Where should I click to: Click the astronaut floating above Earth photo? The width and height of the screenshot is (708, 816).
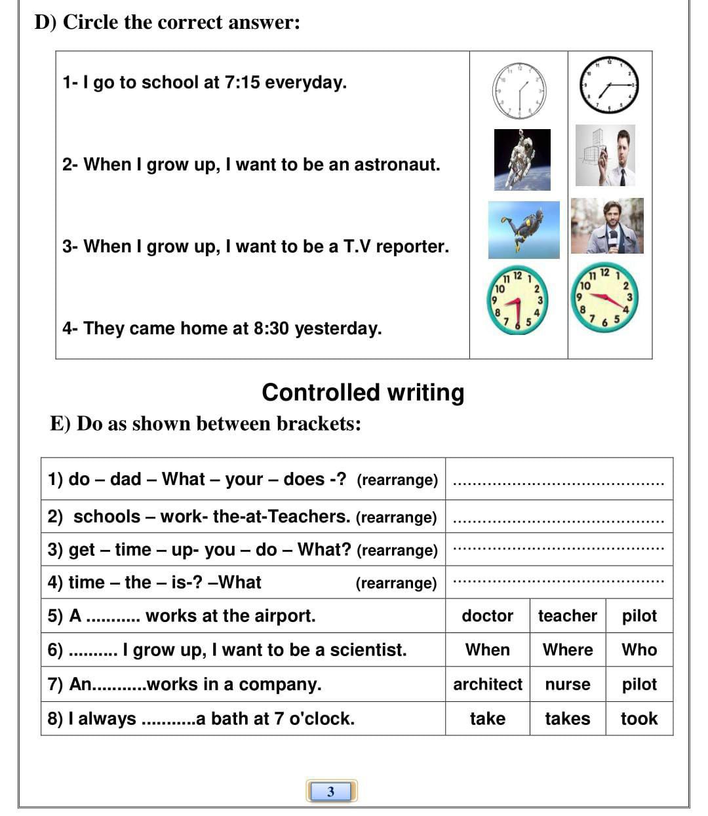pos(522,159)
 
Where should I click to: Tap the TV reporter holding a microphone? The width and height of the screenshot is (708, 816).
pos(607,226)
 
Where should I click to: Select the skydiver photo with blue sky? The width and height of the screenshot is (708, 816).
pos(524,229)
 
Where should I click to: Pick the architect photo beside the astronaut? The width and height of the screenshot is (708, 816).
pos(605,155)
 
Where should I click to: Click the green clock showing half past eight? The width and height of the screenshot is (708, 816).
pos(519,301)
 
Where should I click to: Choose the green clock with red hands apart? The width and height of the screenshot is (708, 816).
pos(606,298)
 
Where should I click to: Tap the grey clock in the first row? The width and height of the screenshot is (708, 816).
pos(519,90)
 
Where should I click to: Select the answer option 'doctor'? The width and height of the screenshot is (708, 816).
pos(487,615)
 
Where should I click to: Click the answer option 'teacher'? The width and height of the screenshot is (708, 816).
pos(567,615)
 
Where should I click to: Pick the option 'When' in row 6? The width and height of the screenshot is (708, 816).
pos(487,650)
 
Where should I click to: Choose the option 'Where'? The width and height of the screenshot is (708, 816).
pos(567,650)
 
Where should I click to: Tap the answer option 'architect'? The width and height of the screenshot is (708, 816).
pos(487,684)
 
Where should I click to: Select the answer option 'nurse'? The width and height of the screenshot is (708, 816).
pos(567,684)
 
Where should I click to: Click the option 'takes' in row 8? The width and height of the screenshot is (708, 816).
pos(567,718)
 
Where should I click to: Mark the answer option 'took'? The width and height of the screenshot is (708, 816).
pos(639,718)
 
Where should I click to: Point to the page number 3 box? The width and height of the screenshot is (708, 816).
pos(331,791)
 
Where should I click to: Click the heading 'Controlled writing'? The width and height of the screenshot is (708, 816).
pos(363,392)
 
